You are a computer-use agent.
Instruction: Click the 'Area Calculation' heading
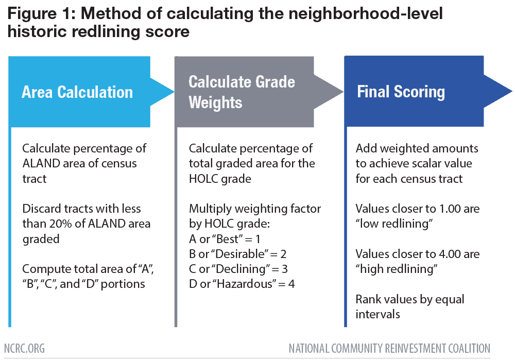click(77, 92)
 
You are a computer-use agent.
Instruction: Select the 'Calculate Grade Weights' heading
click(242, 92)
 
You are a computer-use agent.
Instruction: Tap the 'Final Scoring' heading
click(401, 92)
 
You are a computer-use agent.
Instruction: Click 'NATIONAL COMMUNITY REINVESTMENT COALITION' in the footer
click(389, 348)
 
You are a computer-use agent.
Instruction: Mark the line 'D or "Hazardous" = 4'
click(242, 284)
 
